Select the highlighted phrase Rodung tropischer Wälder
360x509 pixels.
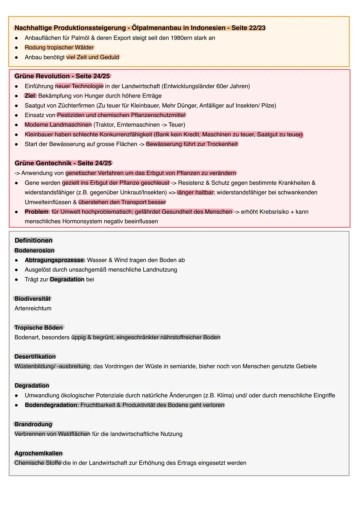(59, 48)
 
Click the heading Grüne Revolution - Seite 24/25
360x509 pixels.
(62, 76)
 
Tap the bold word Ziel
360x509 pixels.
(30, 96)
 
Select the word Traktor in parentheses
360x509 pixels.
(106, 125)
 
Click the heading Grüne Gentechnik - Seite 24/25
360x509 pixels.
(63, 163)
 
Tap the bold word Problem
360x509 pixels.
(36, 212)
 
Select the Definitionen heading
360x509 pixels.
(33, 241)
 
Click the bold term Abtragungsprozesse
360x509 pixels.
(54, 260)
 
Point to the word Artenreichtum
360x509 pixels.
(33, 309)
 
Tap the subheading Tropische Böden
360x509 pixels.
(38, 328)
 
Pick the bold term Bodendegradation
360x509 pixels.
(51, 405)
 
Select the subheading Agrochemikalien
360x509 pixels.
(38, 454)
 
